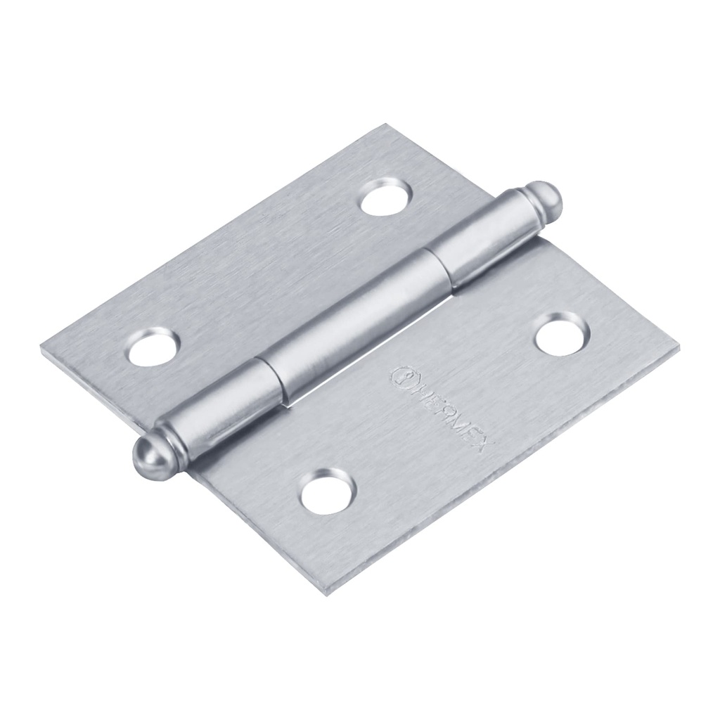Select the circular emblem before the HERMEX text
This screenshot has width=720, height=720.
point(401,375)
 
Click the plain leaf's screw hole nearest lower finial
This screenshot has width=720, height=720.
point(153,345)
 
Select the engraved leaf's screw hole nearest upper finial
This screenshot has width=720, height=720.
point(560,333)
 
